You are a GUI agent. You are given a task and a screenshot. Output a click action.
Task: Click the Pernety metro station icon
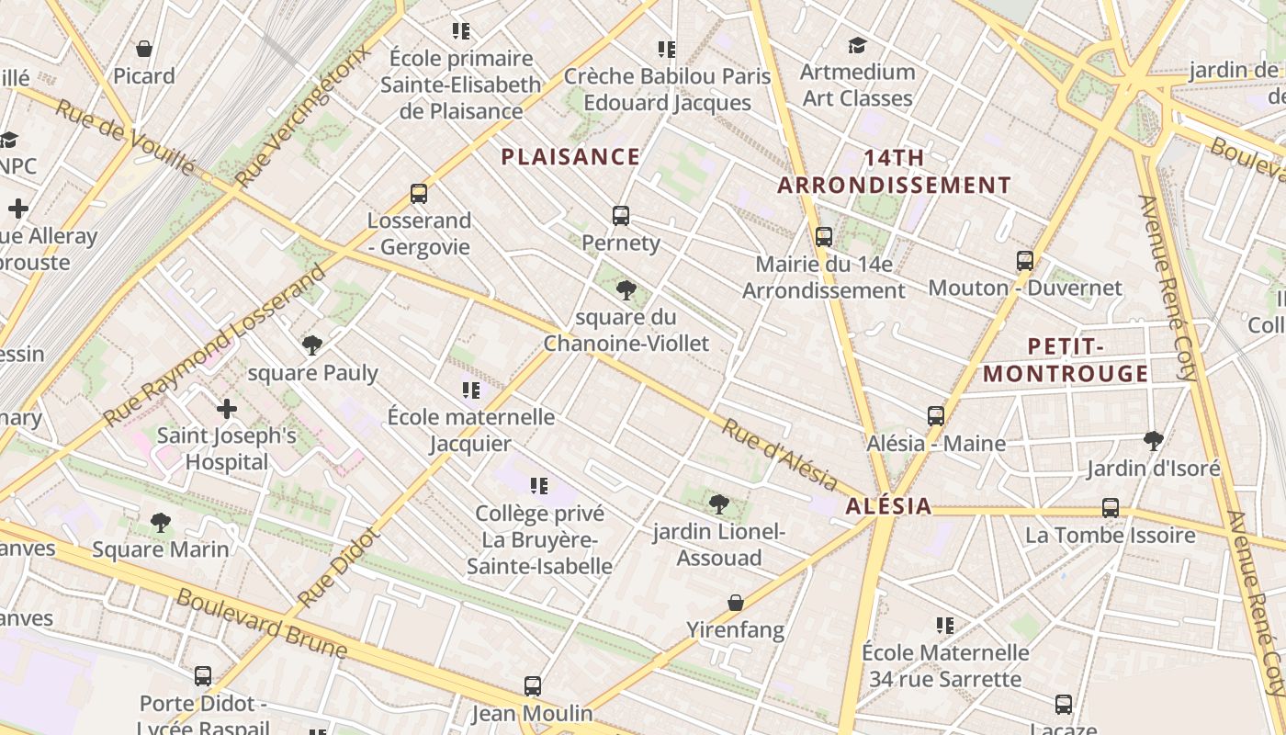pyautogui.click(x=621, y=216)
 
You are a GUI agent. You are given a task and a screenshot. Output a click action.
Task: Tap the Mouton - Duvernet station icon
pyautogui.click(x=1025, y=261)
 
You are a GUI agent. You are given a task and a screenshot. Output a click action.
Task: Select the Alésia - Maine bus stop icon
pyautogui.click(x=936, y=416)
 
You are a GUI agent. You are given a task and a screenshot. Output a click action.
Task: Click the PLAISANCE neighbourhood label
pyautogui.click(x=570, y=157)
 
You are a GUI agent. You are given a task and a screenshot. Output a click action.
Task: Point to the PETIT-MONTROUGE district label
pyautogui.click(x=1066, y=360)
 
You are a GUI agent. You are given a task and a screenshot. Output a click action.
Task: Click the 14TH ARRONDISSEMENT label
pyautogui.click(x=894, y=172)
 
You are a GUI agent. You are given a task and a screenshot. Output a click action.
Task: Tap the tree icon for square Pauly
pyautogui.click(x=312, y=345)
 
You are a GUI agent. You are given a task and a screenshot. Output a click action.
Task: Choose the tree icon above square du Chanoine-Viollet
pyautogui.click(x=626, y=290)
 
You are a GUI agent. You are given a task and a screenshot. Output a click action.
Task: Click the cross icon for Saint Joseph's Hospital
pyautogui.click(x=227, y=408)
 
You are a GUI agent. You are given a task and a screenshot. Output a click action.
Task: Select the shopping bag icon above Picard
pyautogui.click(x=144, y=49)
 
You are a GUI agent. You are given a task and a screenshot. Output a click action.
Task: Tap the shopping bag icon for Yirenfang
pyautogui.click(x=736, y=603)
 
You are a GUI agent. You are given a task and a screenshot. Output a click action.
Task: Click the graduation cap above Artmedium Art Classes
pyautogui.click(x=857, y=45)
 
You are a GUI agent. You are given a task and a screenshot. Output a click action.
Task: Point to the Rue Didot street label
pyautogui.click(x=339, y=567)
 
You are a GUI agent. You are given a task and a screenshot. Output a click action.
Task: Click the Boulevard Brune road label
pyautogui.click(x=262, y=624)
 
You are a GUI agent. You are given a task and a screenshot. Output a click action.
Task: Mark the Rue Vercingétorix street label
pyautogui.click(x=305, y=116)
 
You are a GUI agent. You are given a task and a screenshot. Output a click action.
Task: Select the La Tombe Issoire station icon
pyautogui.click(x=1111, y=508)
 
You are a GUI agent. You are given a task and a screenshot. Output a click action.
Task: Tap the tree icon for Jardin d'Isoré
pyautogui.click(x=1154, y=441)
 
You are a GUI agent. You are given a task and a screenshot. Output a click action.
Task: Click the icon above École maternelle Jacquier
pyautogui.click(x=471, y=390)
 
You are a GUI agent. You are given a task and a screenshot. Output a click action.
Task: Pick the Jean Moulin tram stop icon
pyautogui.click(x=533, y=686)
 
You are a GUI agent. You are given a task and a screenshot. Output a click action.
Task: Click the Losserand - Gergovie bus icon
pyautogui.click(x=419, y=194)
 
